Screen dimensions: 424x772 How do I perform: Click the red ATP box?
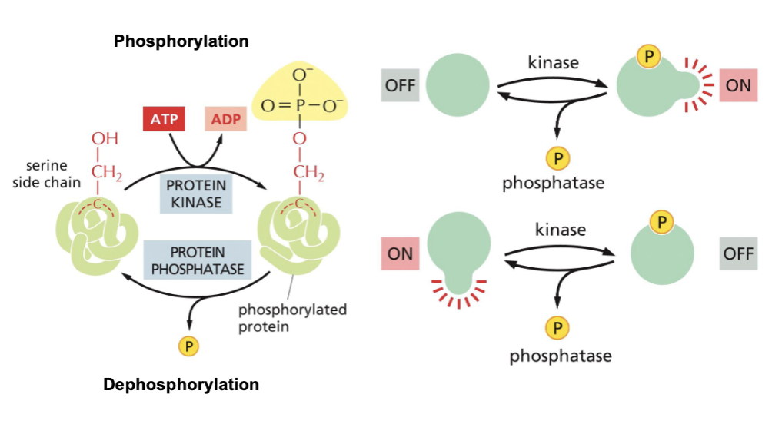click(165, 120)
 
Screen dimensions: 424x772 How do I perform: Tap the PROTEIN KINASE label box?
click(195, 194)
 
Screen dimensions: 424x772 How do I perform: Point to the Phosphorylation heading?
click(181, 41)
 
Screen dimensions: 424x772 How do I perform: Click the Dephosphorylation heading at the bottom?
click(181, 384)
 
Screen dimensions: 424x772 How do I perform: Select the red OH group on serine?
click(105, 139)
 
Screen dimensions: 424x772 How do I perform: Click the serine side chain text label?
click(46, 174)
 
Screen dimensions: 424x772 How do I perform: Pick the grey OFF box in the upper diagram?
click(400, 85)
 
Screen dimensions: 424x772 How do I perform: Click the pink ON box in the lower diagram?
click(400, 253)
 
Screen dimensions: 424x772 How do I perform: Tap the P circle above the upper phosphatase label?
click(557, 159)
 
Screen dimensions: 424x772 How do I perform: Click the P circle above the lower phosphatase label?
click(557, 329)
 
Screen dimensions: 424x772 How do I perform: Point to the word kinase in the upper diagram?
click(553, 62)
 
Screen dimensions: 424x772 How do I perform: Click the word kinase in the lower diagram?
click(561, 229)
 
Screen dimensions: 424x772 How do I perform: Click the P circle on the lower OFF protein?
click(661, 223)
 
